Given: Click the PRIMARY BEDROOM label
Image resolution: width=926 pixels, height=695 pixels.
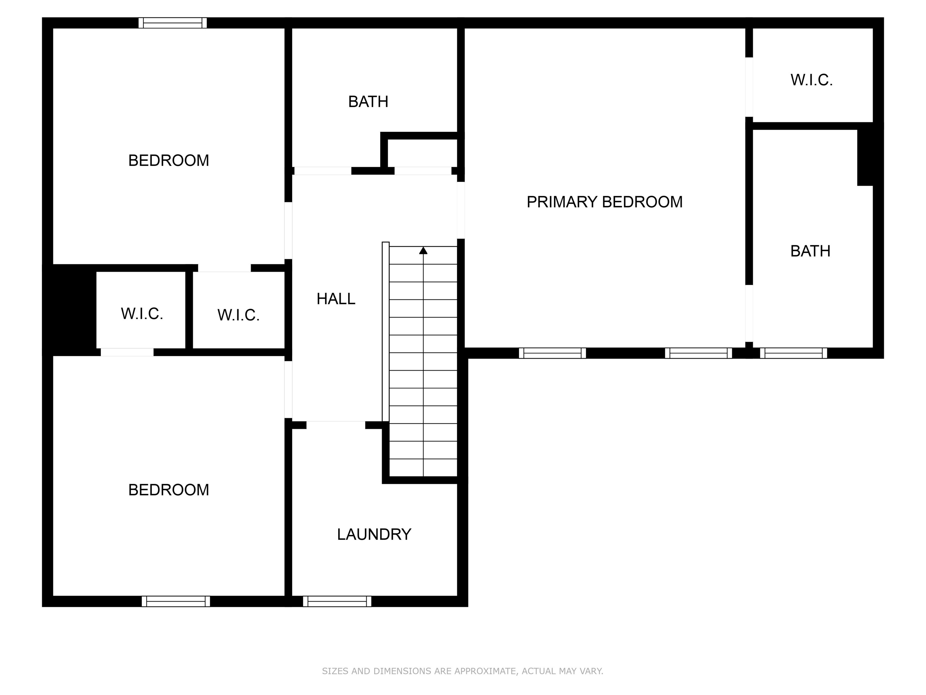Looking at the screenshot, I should (x=604, y=202).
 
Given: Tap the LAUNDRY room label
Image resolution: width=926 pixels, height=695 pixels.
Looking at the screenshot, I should (x=374, y=534).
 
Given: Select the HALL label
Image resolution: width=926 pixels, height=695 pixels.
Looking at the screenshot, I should (x=336, y=299).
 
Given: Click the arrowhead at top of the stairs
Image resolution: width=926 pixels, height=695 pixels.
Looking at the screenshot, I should (x=423, y=250).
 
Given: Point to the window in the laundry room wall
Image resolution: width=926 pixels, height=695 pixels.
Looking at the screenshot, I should (x=337, y=601).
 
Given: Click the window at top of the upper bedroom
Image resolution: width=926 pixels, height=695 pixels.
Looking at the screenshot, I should (x=172, y=23).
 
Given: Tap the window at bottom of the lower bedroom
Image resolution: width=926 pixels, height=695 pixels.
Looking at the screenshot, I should (x=176, y=601).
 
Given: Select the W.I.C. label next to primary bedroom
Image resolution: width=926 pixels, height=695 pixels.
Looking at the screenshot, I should (x=811, y=80).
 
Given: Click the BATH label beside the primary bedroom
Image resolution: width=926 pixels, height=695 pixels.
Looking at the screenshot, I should (x=810, y=251).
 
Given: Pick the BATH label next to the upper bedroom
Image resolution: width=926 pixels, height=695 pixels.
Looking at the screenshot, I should (x=368, y=101).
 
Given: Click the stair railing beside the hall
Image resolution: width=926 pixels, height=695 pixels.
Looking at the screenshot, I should (x=386, y=331).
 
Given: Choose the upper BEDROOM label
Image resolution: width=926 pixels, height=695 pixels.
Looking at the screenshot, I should (x=168, y=160).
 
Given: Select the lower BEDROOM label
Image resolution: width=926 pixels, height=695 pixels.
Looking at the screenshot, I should (x=168, y=490).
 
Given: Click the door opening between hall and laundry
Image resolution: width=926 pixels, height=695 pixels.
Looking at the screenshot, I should (x=336, y=425).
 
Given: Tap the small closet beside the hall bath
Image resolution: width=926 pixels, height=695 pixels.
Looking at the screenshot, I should (x=422, y=153).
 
